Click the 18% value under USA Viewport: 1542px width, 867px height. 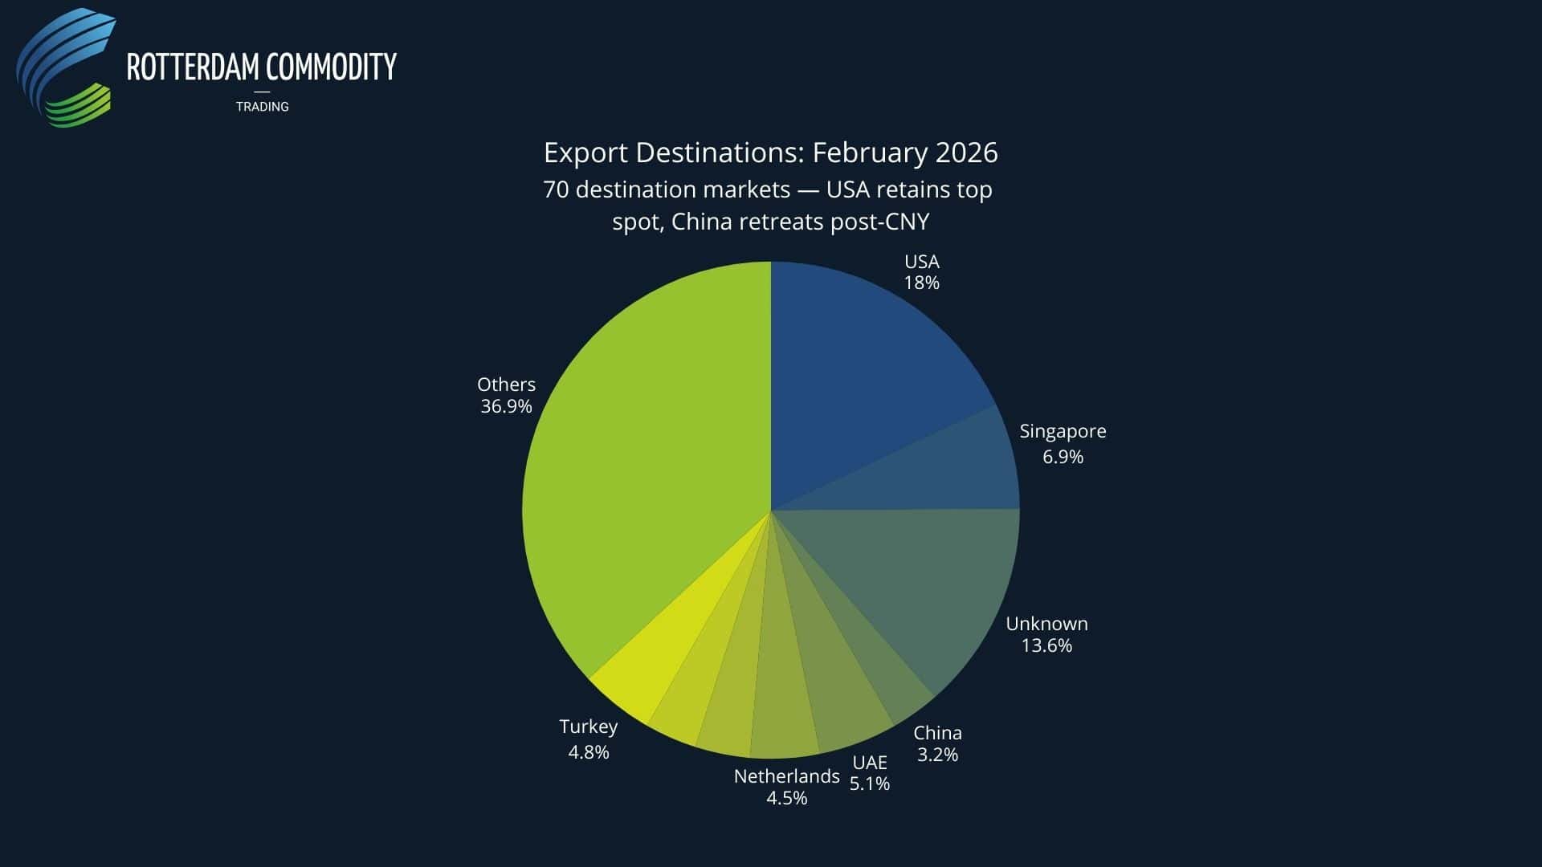coord(921,283)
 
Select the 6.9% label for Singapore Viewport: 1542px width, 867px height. coord(1063,457)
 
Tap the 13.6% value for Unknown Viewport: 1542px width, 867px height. coord(1046,645)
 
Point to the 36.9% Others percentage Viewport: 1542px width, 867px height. coord(506,406)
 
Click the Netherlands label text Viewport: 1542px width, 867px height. coord(786,776)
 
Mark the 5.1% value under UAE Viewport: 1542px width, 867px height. coord(870,784)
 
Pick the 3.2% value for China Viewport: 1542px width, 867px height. coord(937,755)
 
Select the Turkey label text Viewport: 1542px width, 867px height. coord(588,727)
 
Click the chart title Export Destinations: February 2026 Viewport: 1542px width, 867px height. coord(770,153)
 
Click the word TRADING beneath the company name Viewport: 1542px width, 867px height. coord(262,107)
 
